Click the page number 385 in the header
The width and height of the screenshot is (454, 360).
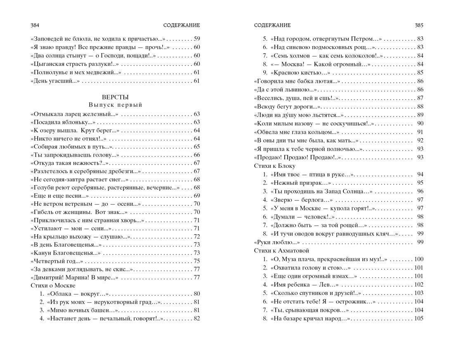click(x=419, y=25)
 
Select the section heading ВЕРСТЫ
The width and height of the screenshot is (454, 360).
click(x=115, y=97)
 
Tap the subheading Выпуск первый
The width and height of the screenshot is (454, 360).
click(x=115, y=105)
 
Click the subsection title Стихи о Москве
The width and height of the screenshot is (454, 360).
click(x=53, y=285)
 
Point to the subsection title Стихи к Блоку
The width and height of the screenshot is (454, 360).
click(x=274, y=166)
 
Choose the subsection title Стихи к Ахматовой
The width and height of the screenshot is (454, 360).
click(x=281, y=251)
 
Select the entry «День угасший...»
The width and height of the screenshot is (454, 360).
click(x=55, y=81)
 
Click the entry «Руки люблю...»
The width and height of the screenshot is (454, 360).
click(x=277, y=242)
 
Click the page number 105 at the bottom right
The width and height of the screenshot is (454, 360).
click(x=419, y=318)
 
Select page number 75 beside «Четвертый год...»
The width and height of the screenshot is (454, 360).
click(x=196, y=261)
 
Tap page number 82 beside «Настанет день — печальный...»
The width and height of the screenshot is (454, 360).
click(x=196, y=318)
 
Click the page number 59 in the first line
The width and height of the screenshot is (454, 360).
click(x=196, y=39)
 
